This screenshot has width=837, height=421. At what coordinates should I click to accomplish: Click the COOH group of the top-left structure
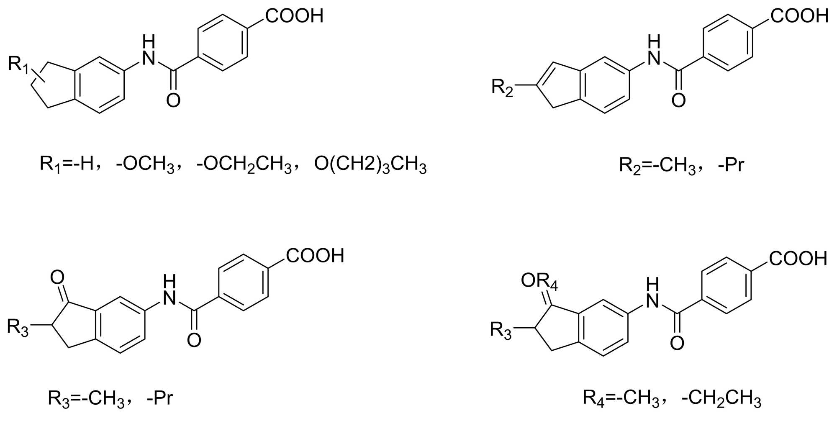[294, 16]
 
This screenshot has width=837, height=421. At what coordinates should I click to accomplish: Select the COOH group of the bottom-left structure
[315, 255]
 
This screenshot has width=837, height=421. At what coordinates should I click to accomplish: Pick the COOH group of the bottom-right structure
[798, 258]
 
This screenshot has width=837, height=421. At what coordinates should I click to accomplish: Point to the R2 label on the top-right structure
[502, 88]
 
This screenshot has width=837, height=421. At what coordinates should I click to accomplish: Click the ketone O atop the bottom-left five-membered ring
[57, 277]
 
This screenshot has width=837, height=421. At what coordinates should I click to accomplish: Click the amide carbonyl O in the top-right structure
[678, 100]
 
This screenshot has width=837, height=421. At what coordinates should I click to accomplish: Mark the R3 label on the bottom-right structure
[501, 331]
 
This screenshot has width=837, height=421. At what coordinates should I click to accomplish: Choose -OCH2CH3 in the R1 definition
[244, 164]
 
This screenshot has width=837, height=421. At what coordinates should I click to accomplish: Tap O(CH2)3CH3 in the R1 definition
[370, 164]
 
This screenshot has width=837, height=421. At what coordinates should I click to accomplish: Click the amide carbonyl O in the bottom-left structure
[194, 340]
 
